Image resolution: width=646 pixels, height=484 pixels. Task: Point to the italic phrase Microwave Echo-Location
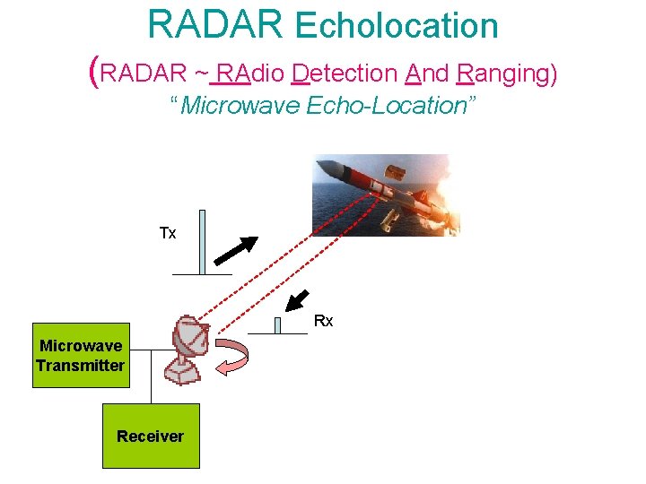coord(323,106)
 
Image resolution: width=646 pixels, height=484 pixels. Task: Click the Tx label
coord(168,234)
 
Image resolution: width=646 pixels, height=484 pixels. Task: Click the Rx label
coord(323,321)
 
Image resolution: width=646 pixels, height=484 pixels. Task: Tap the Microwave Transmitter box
coord(80,355)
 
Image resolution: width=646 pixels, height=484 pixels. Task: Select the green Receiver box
coord(150,436)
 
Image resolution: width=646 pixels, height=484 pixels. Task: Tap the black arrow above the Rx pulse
coord(299,299)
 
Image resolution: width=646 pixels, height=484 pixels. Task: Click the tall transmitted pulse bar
coord(202,242)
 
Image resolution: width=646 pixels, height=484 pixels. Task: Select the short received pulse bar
coord(278,325)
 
